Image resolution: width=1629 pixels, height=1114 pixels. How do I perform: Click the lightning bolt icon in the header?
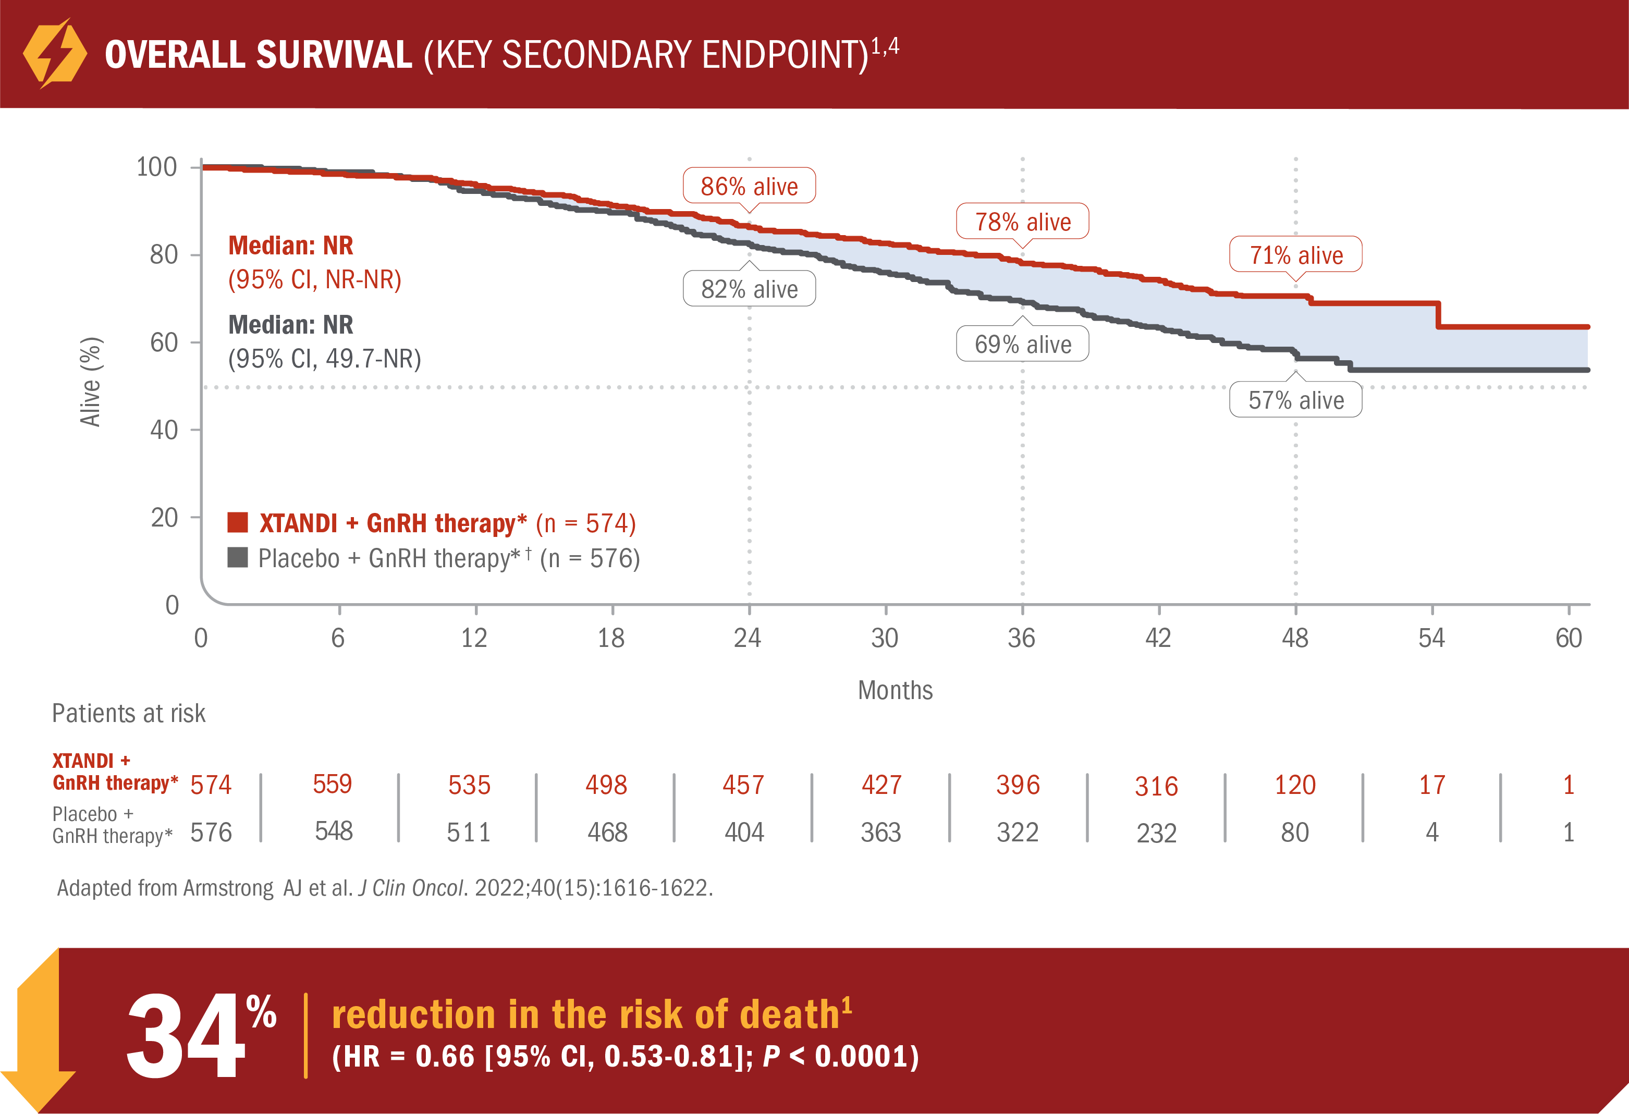coord(55,53)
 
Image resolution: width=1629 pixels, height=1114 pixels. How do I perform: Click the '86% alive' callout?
coord(749,186)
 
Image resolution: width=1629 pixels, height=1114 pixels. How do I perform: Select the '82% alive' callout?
coord(749,289)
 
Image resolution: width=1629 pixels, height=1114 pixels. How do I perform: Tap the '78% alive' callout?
coord(1022,222)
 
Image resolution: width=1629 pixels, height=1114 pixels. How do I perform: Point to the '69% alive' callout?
coord(1022,344)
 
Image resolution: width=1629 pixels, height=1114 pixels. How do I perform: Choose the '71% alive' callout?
coord(1295,254)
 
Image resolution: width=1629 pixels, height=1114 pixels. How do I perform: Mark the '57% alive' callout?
coord(1295,400)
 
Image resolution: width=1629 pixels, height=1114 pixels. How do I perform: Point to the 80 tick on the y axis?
coord(164,254)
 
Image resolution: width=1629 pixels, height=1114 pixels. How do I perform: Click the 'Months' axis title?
coord(895,690)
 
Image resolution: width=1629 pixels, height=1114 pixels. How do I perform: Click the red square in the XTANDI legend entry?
coord(238,523)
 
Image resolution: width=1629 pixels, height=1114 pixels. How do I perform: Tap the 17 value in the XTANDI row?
coord(1431,785)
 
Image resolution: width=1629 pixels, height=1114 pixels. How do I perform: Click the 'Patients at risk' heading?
coord(128,713)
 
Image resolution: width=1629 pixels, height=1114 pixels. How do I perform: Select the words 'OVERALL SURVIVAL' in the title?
coord(258,55)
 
